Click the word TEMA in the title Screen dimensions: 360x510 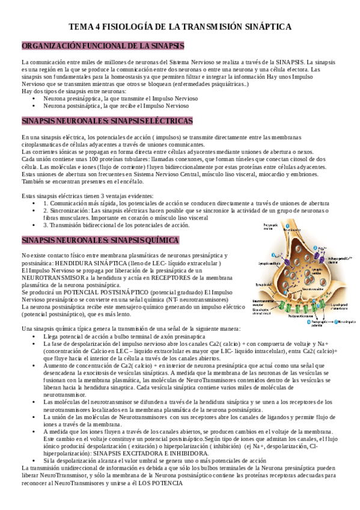click(x=81, y=27)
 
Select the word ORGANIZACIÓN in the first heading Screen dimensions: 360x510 click(x=49, y=46)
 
